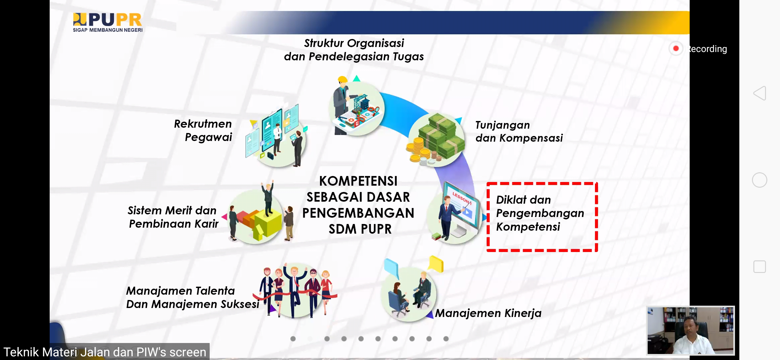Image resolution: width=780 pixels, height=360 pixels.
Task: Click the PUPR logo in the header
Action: click(x=108, y=22)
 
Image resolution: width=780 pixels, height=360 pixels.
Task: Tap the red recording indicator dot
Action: click(x=676, y=49)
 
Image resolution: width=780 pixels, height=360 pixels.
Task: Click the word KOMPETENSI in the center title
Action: click(x=358, y=181)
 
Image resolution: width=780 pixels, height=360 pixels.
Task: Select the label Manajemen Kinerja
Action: click(x=488, y=313)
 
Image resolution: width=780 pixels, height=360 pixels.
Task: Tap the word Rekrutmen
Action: click(x=203, y=124)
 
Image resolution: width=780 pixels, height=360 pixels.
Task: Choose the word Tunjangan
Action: click(x=502, y=125)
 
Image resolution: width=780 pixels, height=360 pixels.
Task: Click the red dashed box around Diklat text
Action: click(x=487, y=217)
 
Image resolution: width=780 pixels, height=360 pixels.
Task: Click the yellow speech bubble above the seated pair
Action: click(x=436, y=264)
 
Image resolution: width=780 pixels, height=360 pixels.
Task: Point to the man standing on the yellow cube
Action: click(x=268, y=198)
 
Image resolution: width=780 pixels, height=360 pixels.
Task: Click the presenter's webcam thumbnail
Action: click(x=690, y=330)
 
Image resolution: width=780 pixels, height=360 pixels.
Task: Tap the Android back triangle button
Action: click(x=760, y=93)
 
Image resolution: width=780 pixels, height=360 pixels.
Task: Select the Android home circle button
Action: click(x=760, y=180)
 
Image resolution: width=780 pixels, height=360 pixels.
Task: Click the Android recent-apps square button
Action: click(x=760, y=267)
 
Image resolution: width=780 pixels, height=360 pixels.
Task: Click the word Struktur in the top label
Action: click(x=324, y=43)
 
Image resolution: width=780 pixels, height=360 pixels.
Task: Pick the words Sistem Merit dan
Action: click(x=172, y=210)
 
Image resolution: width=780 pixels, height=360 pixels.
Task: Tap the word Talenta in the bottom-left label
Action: click(x=215, y=291)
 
